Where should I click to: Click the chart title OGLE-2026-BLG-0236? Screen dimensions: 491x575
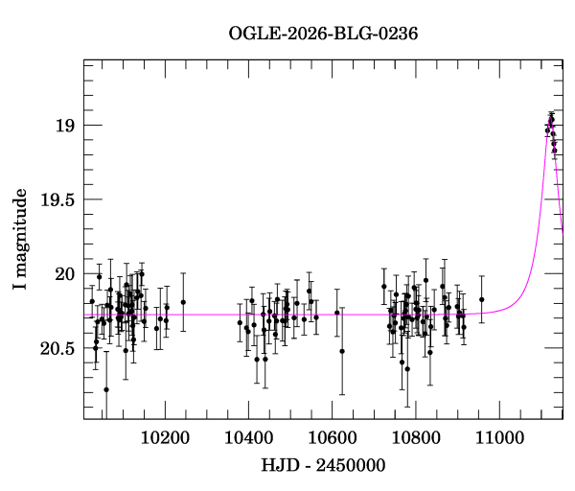[x=323, y=34]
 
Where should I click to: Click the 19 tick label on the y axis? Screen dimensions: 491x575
[x=64, y=126]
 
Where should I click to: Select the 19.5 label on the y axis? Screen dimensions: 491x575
[x=57, y=199]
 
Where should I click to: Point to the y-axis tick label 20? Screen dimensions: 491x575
[x=64, y=274]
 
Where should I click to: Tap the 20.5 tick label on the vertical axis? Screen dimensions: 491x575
[x=57, y=348]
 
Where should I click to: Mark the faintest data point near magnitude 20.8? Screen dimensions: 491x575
[x=106, y=389]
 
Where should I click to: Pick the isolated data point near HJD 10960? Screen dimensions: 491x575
[x=482, y=299]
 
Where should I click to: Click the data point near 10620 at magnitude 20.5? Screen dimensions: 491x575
[x=342, y=351]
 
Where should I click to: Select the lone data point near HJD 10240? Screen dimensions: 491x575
[x=182, y=302]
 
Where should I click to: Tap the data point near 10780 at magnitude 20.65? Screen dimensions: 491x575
[x=407, y=368]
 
